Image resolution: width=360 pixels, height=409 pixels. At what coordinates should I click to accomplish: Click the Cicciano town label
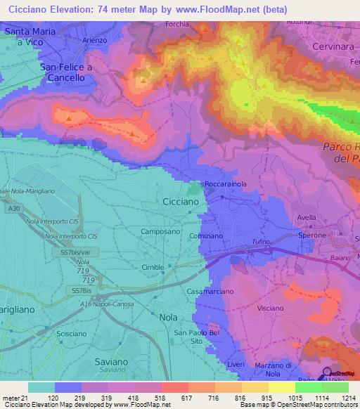pyautogui.click(x=186, y=201)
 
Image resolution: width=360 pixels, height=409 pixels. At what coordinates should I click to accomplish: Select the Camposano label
pyautogui.click(x=160, y=231)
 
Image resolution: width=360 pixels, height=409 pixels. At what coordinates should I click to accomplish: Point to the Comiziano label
pyautogui.click(x=206, y=237)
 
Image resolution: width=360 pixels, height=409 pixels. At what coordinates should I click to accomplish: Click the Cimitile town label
pyautogui.click(x=153, y=268)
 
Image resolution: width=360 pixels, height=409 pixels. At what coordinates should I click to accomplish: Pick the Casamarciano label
pyautogui.click(x=210, y=291)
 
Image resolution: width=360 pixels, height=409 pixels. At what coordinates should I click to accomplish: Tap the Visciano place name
pyautogui.click(x=271, y=309)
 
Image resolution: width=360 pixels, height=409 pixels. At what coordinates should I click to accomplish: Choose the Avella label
pyautogui.click(x=307, y=217)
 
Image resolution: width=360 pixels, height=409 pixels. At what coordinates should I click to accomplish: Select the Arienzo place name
pyautogui.click(x=95, y=41)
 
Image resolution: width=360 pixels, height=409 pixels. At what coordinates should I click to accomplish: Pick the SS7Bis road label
pyautogui.click(x=82, y=290)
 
